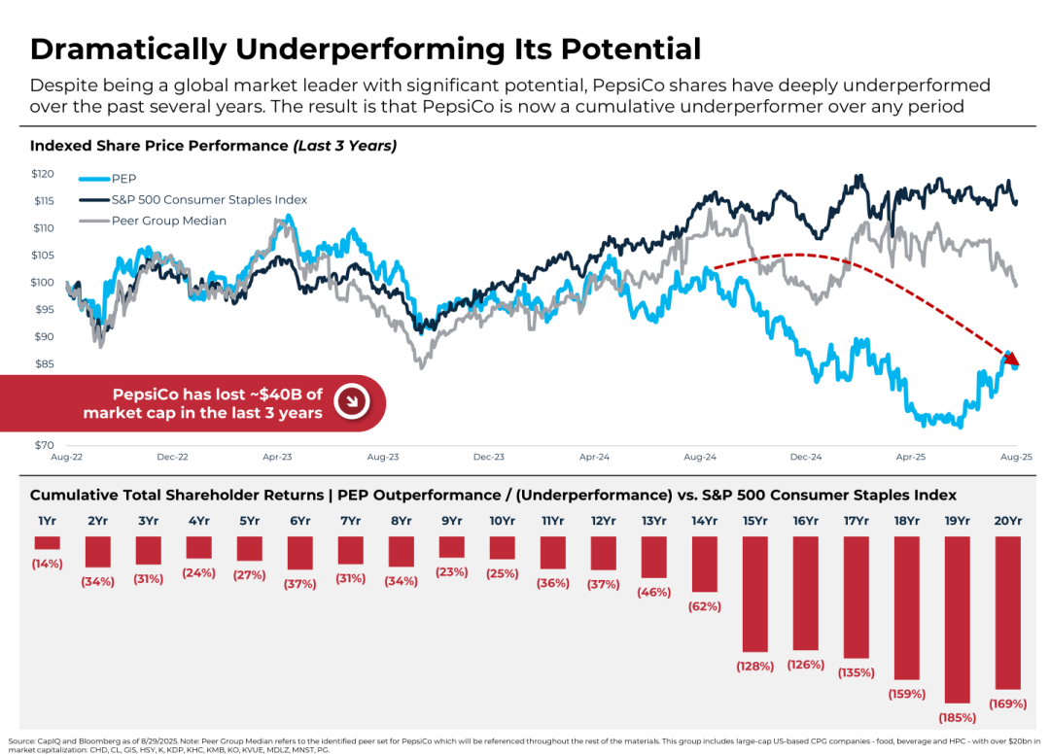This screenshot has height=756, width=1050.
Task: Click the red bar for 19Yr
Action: pyautogui.click(x=957, y=619)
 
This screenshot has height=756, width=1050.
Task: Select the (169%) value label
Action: pyautogui.click(x=1007, y=703)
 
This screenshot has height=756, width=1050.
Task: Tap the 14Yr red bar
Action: pyautogui.click(x=704, y=564)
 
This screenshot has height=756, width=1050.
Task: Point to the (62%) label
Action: pyautogui.click(x=704, y=606)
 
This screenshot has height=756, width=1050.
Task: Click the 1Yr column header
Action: pyautogui.click(x=47, y=521)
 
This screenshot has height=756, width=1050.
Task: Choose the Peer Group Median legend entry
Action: pyautogui.click(x=168, y=221)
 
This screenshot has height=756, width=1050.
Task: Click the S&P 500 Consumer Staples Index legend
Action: pyautogui.click(x=208, y=199)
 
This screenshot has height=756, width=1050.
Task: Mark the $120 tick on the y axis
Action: pyautogui.click(x=43, y=174)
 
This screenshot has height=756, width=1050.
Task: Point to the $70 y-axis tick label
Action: pyautogui.click(x=43, y=445)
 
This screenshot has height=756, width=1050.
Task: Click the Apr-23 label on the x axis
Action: pyautogui.click(x=278, y=457)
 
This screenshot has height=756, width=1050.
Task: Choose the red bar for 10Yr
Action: pyautogui.click(x=502, y=547)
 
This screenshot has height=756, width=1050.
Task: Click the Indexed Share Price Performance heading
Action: pyautogui.click(x=158, y=146)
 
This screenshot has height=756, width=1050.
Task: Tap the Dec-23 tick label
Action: pyautogui.click(x=489, y=457)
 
